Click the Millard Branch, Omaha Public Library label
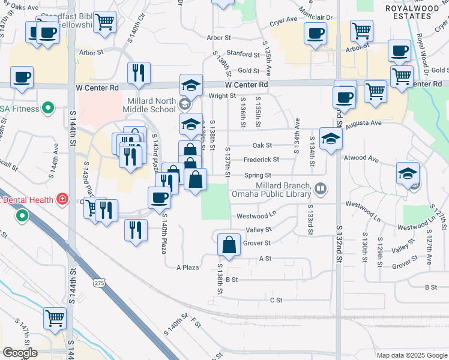pos(283,190)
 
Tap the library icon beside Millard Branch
pos(321,190)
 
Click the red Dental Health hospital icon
pos(62,198)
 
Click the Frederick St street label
pos(261,160)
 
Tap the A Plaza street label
pos(187,267)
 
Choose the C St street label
pos(276,299)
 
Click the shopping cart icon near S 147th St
pos(55,317)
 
